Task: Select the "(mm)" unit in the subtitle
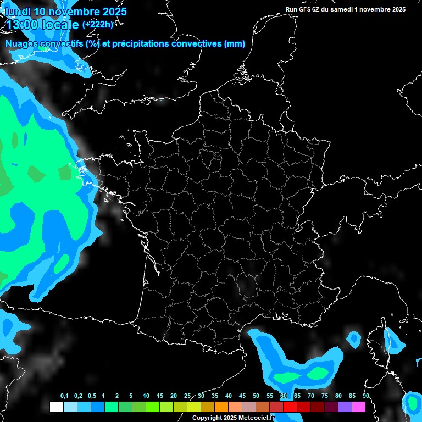click(x=235, y=44)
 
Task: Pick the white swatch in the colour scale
click(x=56, y=407)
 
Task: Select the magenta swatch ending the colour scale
click(x=359, y=407)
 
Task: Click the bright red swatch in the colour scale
click(x=290, y=407)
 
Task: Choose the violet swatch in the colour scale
click(x=345, y=407)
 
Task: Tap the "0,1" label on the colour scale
click(x=64, y=396)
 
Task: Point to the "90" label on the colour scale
click(x=366, y=396)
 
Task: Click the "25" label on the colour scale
click(x=187, y=396)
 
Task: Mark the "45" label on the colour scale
click(x=242, y=396)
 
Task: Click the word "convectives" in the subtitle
click(x=197, y=44)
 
